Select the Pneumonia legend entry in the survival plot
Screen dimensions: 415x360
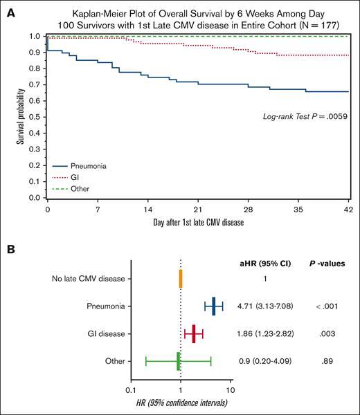click(x=78, y=166)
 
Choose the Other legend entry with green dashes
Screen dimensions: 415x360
click(x=70, y=188)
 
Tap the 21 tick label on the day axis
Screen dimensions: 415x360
click(x=198, y=209)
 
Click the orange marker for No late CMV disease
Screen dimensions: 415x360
click(x=181, y=279)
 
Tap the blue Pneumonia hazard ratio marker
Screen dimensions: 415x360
click(x=214, y=306)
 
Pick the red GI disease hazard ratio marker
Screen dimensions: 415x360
click(x=194, y=334)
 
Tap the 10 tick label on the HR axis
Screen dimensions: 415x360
click(x=231, y=391)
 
